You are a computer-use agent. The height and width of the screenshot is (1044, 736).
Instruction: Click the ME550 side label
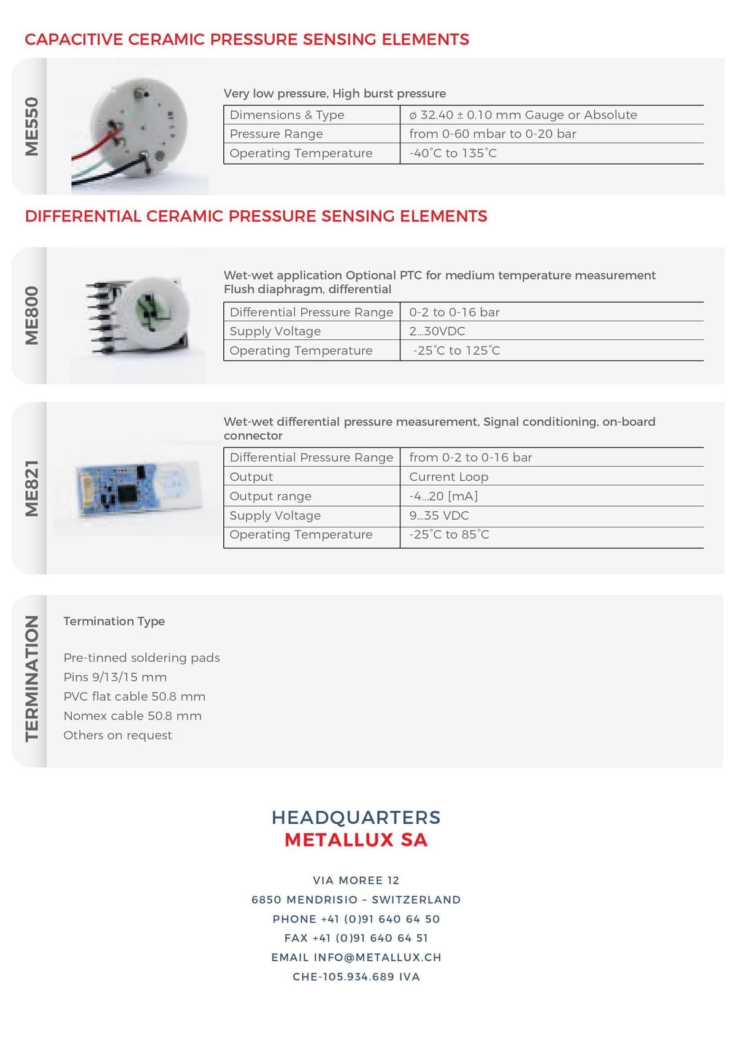click(x=32, y=126)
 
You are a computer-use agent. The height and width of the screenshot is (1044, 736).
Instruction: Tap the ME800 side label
click(x=32, y=315)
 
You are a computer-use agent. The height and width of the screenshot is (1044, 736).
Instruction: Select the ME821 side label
click(x=32, y=488)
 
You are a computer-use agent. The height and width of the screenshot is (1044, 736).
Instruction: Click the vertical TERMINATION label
click(x=32, y=678)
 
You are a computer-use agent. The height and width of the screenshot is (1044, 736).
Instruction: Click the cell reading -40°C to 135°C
click(x=453, y=153)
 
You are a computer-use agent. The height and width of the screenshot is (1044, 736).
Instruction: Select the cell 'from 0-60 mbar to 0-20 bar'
click(x=493, y=134)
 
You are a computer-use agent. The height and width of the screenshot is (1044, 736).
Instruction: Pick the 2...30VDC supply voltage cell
click(x=437, y=331)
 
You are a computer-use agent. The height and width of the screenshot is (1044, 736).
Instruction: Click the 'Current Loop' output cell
click(x=448, y=477)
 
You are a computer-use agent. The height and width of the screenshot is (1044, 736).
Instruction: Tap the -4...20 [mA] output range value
click(x=443, y=496)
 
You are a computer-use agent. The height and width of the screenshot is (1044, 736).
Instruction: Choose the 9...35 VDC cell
click(x=439, y=515)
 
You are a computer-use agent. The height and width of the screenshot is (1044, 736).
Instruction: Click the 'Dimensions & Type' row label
click(x=287, y=115)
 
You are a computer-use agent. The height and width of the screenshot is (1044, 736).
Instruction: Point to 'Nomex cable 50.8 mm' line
click(x=132, y=716)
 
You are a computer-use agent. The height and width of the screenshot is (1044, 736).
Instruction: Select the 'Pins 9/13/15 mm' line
click(x=115, y=677)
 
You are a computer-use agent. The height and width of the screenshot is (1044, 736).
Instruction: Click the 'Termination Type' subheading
click(x=114, y=621)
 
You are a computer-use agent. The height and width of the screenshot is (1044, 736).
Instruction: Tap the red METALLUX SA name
click(x=356, y=840)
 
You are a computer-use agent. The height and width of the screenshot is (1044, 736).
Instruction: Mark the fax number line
click(x=356, y=938)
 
